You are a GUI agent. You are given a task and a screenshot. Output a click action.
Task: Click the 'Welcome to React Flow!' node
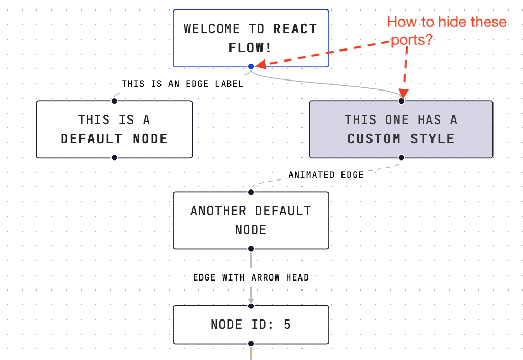pos(250,38)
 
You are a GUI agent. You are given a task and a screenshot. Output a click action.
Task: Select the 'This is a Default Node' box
pos(114,129)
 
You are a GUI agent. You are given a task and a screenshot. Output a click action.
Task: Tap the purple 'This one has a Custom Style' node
pos(401,129)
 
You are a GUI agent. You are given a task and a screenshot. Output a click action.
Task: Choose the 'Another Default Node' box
pos(250,220)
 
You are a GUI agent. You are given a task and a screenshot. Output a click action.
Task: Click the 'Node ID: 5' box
pos(250,325)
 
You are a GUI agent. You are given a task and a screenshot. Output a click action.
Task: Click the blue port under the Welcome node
pos(251,66)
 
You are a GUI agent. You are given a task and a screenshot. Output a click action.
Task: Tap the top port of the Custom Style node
pos(401,101)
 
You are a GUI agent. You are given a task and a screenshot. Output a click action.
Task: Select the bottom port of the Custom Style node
pos(401,157)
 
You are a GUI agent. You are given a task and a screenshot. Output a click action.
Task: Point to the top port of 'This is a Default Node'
pos(114,101)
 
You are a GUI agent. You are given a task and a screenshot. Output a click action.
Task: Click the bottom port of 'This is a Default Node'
pos(114,157)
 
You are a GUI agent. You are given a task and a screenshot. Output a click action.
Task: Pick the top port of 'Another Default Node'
pos(251,192)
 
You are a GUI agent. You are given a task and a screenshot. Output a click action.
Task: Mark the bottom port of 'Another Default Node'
pos(251,248)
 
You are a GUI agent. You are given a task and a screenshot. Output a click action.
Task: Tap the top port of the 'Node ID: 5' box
pos(251,306)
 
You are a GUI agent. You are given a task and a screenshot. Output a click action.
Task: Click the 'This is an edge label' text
pos(183,84)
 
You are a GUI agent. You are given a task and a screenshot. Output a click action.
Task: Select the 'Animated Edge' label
pos(326,175)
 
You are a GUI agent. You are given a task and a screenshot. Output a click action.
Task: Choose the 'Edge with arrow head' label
pos(251,277)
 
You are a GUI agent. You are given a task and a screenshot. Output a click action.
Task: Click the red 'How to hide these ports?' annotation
pos(446,31)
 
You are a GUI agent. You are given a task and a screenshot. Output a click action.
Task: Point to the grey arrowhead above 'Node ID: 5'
pos(251,299)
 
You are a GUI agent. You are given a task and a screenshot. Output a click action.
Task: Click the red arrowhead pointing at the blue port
pos(260,65)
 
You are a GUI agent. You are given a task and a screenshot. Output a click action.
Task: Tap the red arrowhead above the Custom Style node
pos(404,93)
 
